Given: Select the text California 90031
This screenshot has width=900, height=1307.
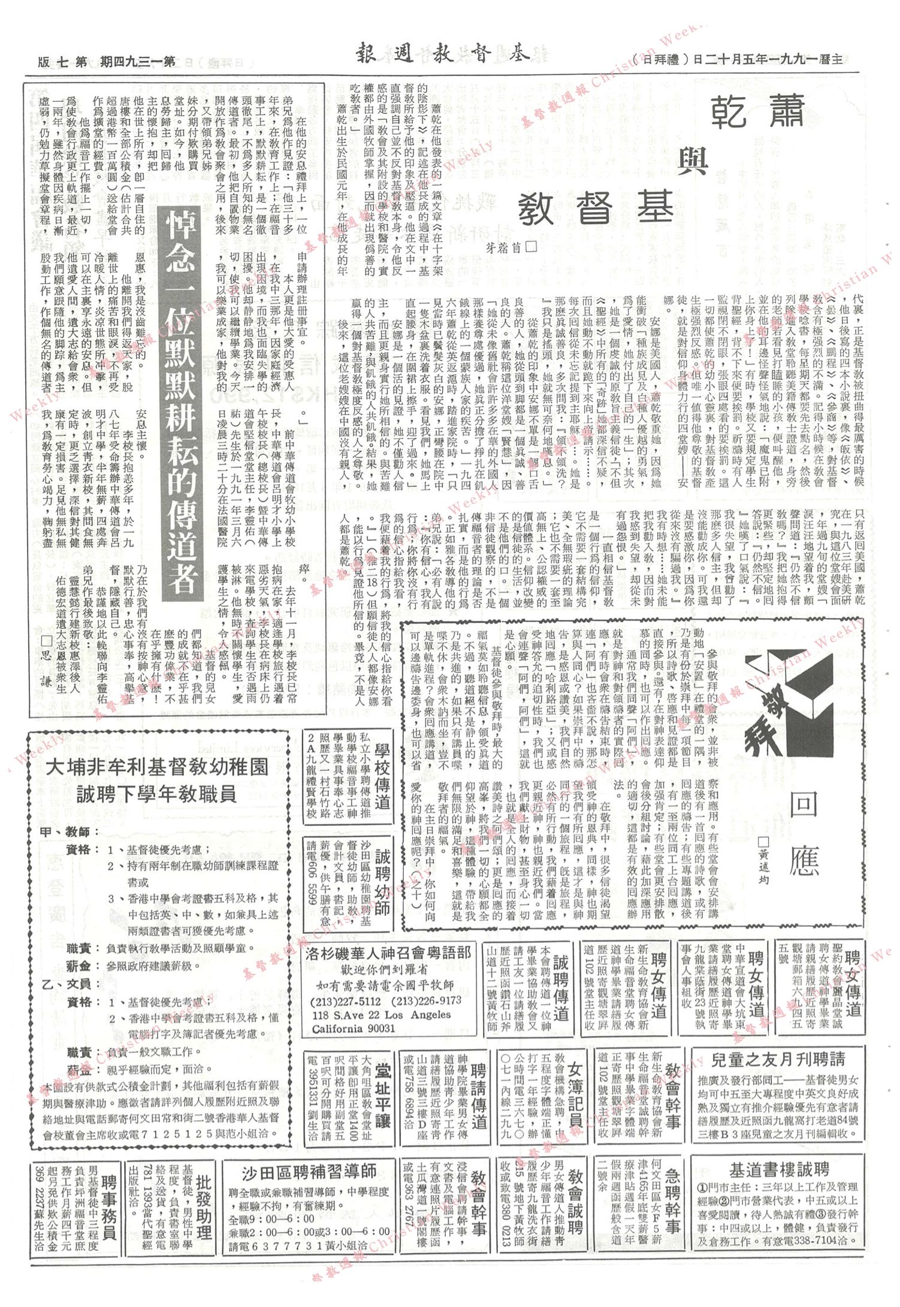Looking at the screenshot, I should [353, 1029].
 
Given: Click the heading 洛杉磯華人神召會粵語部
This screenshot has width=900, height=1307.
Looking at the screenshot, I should [388, 953].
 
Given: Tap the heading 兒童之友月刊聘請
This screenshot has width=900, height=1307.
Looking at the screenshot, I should [777, 1060].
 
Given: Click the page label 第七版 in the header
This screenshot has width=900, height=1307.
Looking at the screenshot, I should [62, 62].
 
